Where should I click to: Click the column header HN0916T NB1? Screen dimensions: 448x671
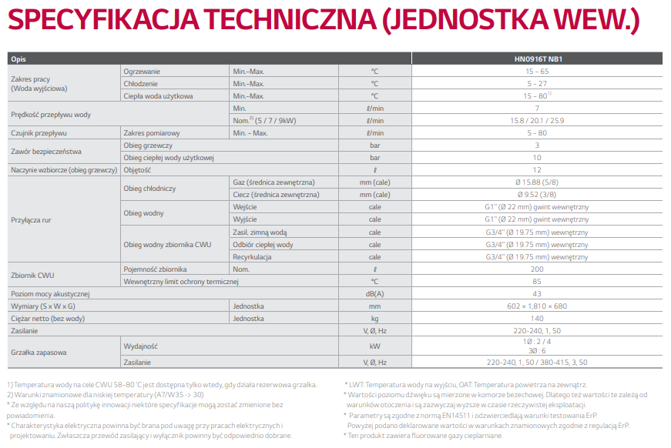coord(537,59)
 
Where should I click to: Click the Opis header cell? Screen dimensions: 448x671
coord(18,59)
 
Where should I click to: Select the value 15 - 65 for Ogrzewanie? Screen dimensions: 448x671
coord(537,71)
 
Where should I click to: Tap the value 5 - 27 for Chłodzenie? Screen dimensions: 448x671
coord(537,83)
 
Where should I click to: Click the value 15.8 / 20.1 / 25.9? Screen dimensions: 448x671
coord(537,120)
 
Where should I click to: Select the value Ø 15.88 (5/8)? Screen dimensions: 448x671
coord(537,182)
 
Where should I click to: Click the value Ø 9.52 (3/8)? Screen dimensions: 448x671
coord(537,195)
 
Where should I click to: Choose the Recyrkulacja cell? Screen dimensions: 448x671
coord(253,257)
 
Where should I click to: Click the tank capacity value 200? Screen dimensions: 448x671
coord(537,269)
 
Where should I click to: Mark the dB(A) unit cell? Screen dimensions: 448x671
coord(374,294)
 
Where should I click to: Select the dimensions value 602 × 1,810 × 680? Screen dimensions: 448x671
coord(537,306)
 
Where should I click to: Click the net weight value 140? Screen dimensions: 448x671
coord(537,319)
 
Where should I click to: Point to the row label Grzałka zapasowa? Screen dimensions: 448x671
coord(39,352)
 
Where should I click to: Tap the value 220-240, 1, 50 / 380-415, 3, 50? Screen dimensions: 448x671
coord(537,362)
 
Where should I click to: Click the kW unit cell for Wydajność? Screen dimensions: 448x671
coord(374,346)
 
